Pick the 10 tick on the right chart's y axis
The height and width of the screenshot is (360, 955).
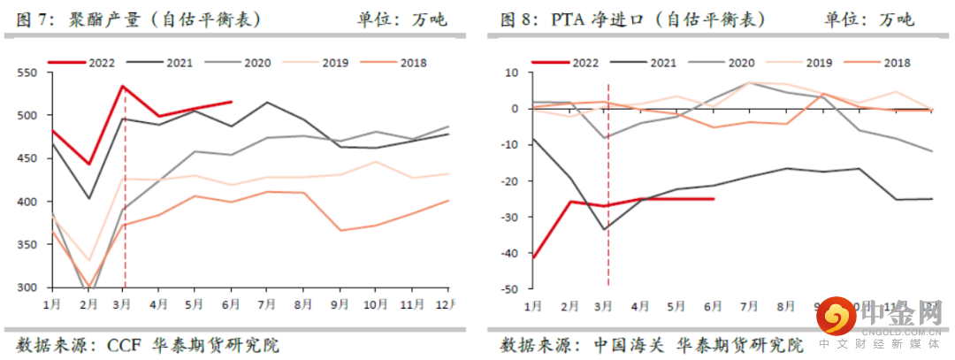pyautogui.click(x=513, y=73)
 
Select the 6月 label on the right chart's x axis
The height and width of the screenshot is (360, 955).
pyautogui.click(x=714, y=305)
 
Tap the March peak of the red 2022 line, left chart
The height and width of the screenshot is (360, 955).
pyautogui.click(x=124, y=86)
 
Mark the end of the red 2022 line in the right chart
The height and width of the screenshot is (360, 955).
pyautogui.click(x=714, y=199)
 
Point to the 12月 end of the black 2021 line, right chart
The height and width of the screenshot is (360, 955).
pyautogui.click(x=932, y=198)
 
